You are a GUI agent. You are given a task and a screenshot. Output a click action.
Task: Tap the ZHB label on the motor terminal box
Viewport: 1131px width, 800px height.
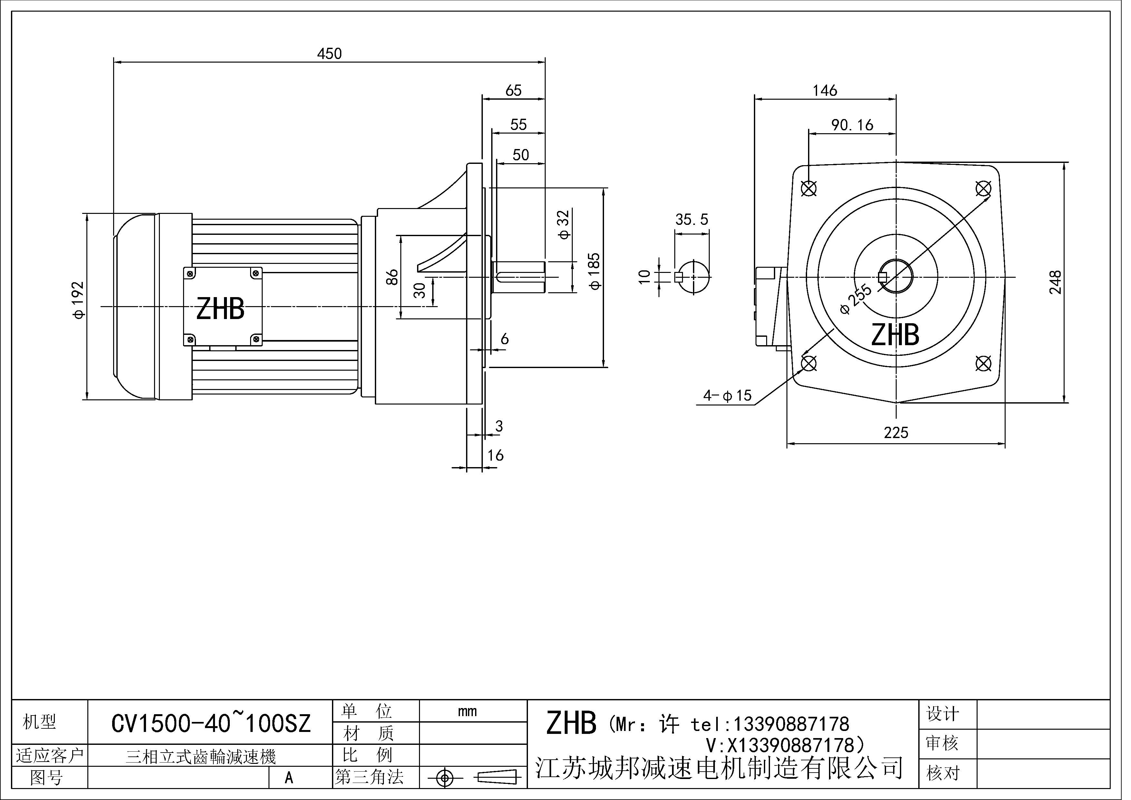[x=220, y=309]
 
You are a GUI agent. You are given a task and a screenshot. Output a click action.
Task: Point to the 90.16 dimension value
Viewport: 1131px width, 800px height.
[x=852, y=125]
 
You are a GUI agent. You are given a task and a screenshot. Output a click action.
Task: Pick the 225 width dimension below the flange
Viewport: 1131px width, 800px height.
[x=895, y=433]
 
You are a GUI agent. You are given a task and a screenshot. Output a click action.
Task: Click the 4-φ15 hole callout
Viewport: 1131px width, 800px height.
[x=727, y=395]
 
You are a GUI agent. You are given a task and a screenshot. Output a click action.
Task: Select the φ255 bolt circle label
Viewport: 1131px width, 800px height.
[x=856, y=299]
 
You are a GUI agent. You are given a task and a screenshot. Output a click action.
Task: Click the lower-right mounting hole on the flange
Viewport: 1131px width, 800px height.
[x=983, y=364]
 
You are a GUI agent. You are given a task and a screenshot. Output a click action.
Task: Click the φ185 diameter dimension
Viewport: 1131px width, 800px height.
[x=595, y=271]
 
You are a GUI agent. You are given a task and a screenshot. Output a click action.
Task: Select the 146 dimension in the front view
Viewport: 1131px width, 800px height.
[x=824, y=91]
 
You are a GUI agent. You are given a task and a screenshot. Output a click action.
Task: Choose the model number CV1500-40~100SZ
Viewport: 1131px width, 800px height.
[x=211, y=724]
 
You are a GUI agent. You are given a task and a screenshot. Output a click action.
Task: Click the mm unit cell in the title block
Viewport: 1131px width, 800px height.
[x=467, y=711]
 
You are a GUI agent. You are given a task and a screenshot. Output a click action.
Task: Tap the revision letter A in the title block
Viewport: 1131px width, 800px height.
[x=289, y=778]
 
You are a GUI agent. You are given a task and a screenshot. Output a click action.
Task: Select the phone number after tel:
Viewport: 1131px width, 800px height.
[x=791, y=724]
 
